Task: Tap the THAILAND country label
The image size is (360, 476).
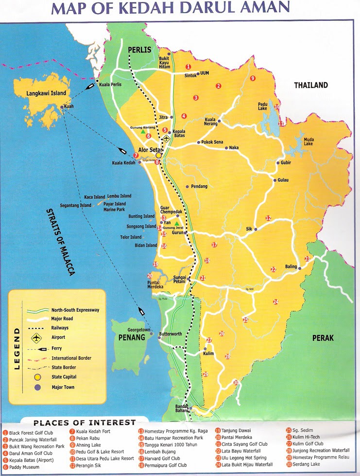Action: pos(311,85)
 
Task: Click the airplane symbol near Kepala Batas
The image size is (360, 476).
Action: pos(167,139)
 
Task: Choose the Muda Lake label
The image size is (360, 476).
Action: pos(309,141)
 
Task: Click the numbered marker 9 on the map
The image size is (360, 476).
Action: pos(253,78)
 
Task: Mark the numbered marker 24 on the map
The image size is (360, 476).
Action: pos(275,302)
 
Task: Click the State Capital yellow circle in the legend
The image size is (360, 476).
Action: pos(37,376)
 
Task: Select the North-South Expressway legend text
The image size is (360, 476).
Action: pos(75,310)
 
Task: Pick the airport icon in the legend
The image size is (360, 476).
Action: pos(37,337)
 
